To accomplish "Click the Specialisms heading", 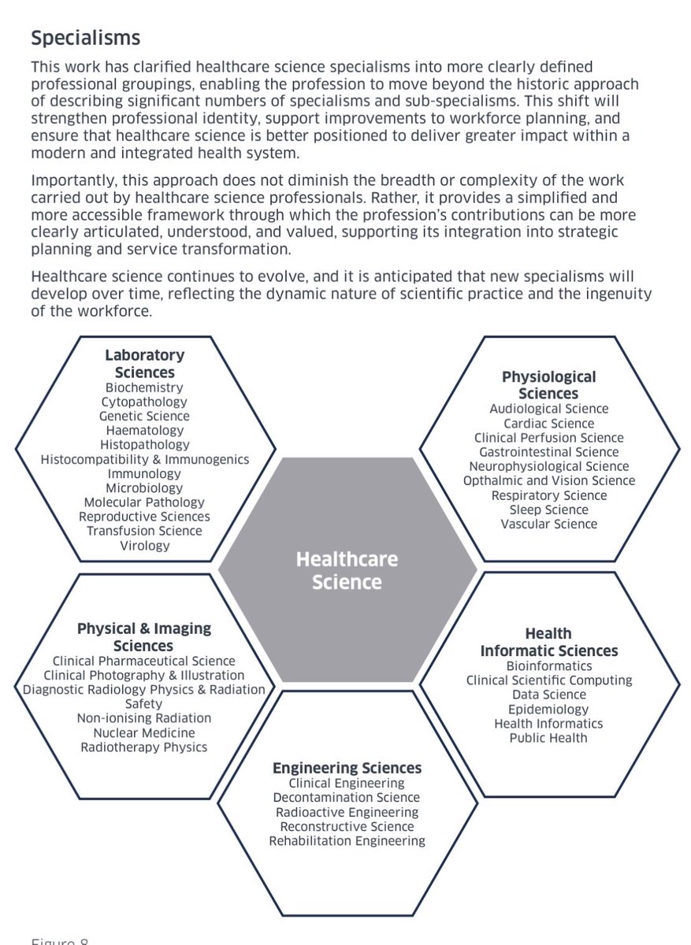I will tap(85, 37).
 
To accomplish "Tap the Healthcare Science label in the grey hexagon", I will tap(347, 571).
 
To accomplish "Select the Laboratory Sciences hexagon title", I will tap(145, 364).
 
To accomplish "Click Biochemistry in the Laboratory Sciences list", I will tap(144, 387).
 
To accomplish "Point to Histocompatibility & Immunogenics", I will tap(144, 459).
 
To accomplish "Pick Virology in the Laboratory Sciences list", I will tap(144, 545).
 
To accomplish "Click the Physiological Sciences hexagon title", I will tap(548, 385).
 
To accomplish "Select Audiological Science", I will tap(548, 409).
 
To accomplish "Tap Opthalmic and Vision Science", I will tap(548, 480).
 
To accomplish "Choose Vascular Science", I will tap(548, 524).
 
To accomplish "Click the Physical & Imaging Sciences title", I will tap(144, 637).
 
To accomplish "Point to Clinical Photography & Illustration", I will tap(144, 676).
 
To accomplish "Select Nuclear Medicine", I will tap(144, 732).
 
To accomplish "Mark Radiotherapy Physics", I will tap(144, 747).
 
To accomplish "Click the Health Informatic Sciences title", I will tap(549, 642).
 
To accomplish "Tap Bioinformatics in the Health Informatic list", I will tap(548, 665).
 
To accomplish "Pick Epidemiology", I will tap(548, 709).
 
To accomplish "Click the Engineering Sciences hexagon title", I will tap(347, 768).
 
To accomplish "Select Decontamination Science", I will tap(347, 798).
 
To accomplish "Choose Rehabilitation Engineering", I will tap(347, 841).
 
